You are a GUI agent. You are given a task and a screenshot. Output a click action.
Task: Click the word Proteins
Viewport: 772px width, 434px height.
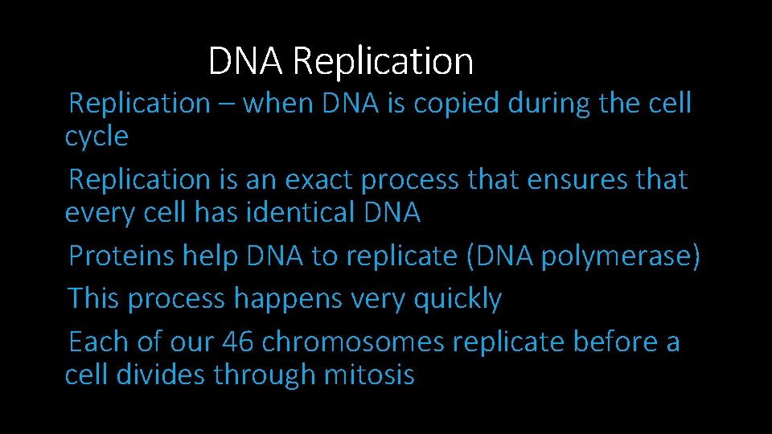121,256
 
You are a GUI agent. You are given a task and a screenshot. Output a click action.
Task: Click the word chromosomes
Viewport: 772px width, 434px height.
353,342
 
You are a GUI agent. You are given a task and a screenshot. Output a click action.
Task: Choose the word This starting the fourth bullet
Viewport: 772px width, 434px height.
94,299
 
